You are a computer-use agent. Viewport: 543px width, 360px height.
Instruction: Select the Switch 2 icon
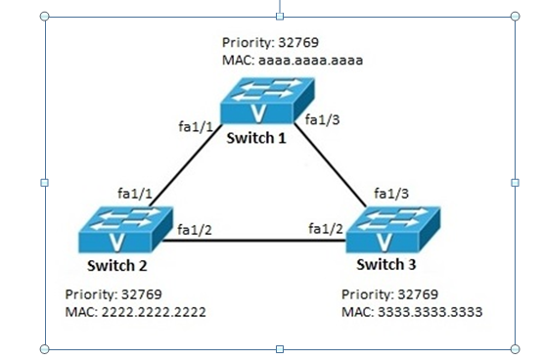tap(118, 231)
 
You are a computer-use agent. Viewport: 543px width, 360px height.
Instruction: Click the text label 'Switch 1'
tap(256, 138)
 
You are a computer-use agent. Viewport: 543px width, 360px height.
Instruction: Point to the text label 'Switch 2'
tap(116, 265)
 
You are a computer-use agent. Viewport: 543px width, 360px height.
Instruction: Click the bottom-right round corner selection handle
tap(516, 348)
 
